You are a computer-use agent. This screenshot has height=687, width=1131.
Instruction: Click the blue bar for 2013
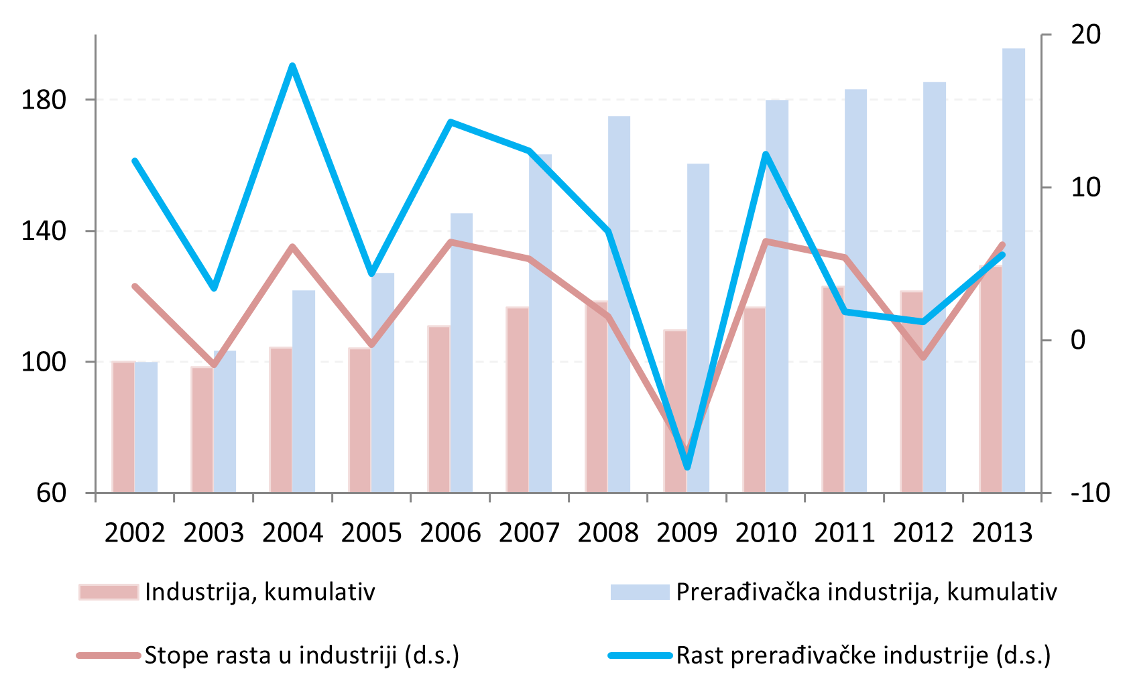click(x=1014, y=268)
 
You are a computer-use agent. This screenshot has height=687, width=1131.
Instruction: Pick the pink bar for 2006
click(x=438, y=409)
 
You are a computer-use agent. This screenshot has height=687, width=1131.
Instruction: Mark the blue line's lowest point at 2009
click(x=687, y=467)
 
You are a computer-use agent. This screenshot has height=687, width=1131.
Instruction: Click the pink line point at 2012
click(x=924, y=358)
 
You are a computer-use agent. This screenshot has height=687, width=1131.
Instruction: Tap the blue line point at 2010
click(x=766, y=155)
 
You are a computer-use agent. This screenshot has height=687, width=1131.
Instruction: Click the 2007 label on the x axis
click(x=529, y=534)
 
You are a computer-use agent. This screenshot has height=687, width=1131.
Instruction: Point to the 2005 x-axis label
click(x=371, y=534)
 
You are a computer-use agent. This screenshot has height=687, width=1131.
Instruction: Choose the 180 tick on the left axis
click(x=44, y=101)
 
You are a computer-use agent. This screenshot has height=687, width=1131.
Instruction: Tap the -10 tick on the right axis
click(x=1090, y=493)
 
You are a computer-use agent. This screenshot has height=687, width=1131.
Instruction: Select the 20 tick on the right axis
click(x=1085, y=35)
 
